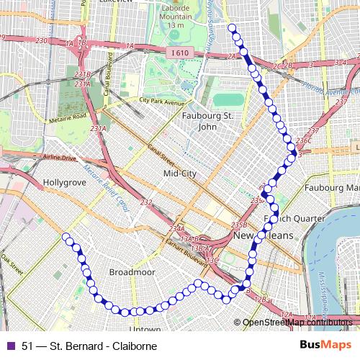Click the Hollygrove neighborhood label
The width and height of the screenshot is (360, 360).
pos(66,184)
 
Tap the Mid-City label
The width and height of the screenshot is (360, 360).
pos(180,174)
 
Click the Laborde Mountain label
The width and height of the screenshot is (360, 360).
pos(176,15)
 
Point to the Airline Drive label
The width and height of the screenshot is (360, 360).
pos(59,157)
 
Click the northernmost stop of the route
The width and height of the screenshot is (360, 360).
pos(232,28)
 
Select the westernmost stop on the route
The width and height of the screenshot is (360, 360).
pos(66,236)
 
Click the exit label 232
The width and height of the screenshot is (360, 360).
pos(146,203)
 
